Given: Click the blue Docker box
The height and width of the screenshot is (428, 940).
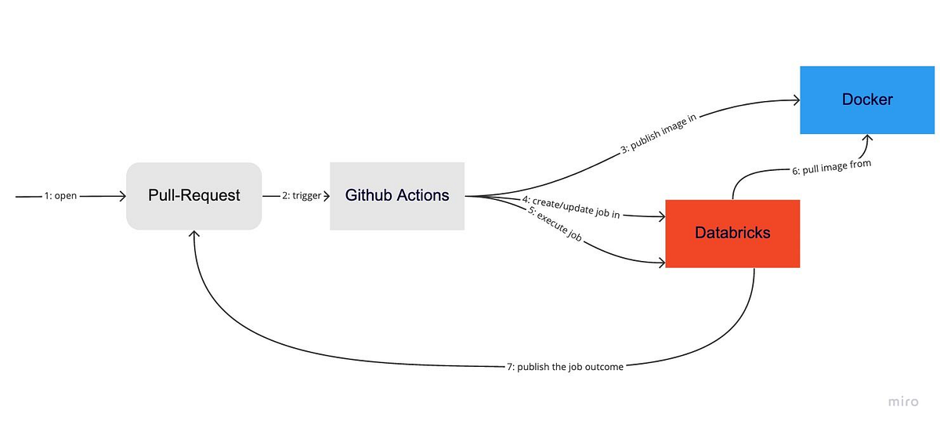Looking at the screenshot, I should [867, 100].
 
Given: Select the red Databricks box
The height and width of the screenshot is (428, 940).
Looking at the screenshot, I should [732, 233].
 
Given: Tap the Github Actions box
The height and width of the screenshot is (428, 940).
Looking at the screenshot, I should [397, 195].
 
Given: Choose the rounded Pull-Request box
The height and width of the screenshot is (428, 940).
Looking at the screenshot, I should [194, 195].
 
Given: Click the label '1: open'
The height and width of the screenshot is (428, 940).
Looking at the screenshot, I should [60, 196].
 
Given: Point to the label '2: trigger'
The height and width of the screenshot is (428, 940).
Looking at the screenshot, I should [302, 196].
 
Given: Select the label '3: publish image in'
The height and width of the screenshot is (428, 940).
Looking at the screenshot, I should [659, 132].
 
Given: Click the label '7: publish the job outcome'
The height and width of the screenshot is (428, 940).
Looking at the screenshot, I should [565, 366].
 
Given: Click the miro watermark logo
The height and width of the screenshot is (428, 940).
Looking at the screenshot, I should [902, 401].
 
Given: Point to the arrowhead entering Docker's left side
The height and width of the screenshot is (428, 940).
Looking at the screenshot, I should [794, 100].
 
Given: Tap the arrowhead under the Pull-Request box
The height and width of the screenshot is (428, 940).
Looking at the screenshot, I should [194, 234].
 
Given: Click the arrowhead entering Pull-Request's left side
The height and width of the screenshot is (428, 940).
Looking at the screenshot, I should [121, 196].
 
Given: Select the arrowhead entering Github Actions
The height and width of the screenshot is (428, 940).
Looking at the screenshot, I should [325, 196].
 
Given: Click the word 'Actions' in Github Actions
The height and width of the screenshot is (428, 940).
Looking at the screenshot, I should [424, 195].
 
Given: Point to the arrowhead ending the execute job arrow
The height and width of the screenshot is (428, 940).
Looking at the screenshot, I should [660, 262].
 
